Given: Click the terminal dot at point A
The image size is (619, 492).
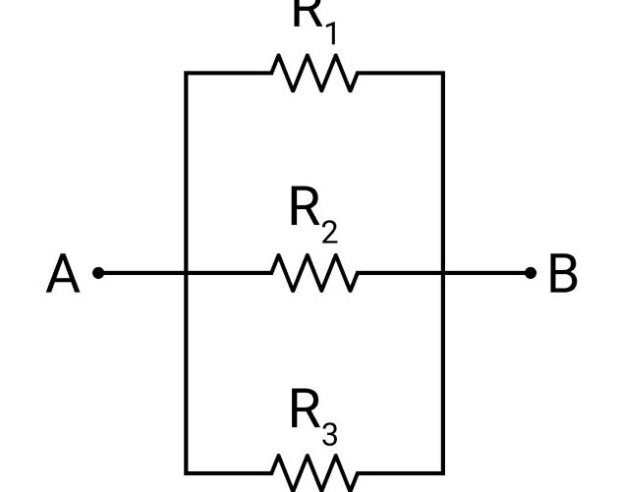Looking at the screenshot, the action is click(98, 273).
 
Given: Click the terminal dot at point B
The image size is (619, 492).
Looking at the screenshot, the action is click(531, 273).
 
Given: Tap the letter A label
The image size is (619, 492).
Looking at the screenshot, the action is click(63, 274).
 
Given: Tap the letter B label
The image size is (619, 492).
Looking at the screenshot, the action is click(564, 274).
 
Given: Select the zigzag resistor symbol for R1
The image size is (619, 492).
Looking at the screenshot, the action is click(314, 73).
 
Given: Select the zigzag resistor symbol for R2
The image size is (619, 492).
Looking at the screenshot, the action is click(314, 273).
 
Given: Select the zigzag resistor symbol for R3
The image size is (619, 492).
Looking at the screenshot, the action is click(314, 472).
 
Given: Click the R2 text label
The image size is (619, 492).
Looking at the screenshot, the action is click(314, 215).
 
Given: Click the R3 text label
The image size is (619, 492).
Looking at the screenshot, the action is click(314, 417).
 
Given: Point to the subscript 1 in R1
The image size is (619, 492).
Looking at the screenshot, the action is click(331, 32).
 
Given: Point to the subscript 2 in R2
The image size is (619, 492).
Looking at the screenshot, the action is click(330, 231).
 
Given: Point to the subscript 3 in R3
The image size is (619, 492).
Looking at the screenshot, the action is click(330, 433).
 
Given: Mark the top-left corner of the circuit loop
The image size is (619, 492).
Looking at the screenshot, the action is click(186, 73).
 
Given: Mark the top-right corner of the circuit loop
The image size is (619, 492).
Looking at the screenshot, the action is click(443, 73).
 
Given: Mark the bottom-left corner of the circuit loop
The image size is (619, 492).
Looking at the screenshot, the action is click(186, 472).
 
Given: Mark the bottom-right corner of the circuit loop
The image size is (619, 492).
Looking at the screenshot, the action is click(443, 472).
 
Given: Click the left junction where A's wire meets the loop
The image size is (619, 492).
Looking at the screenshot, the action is click(186, 273).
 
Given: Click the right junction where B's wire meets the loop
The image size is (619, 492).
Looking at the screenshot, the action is click(443, 273).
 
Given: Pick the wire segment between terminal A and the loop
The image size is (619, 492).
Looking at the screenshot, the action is click(142, 273).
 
